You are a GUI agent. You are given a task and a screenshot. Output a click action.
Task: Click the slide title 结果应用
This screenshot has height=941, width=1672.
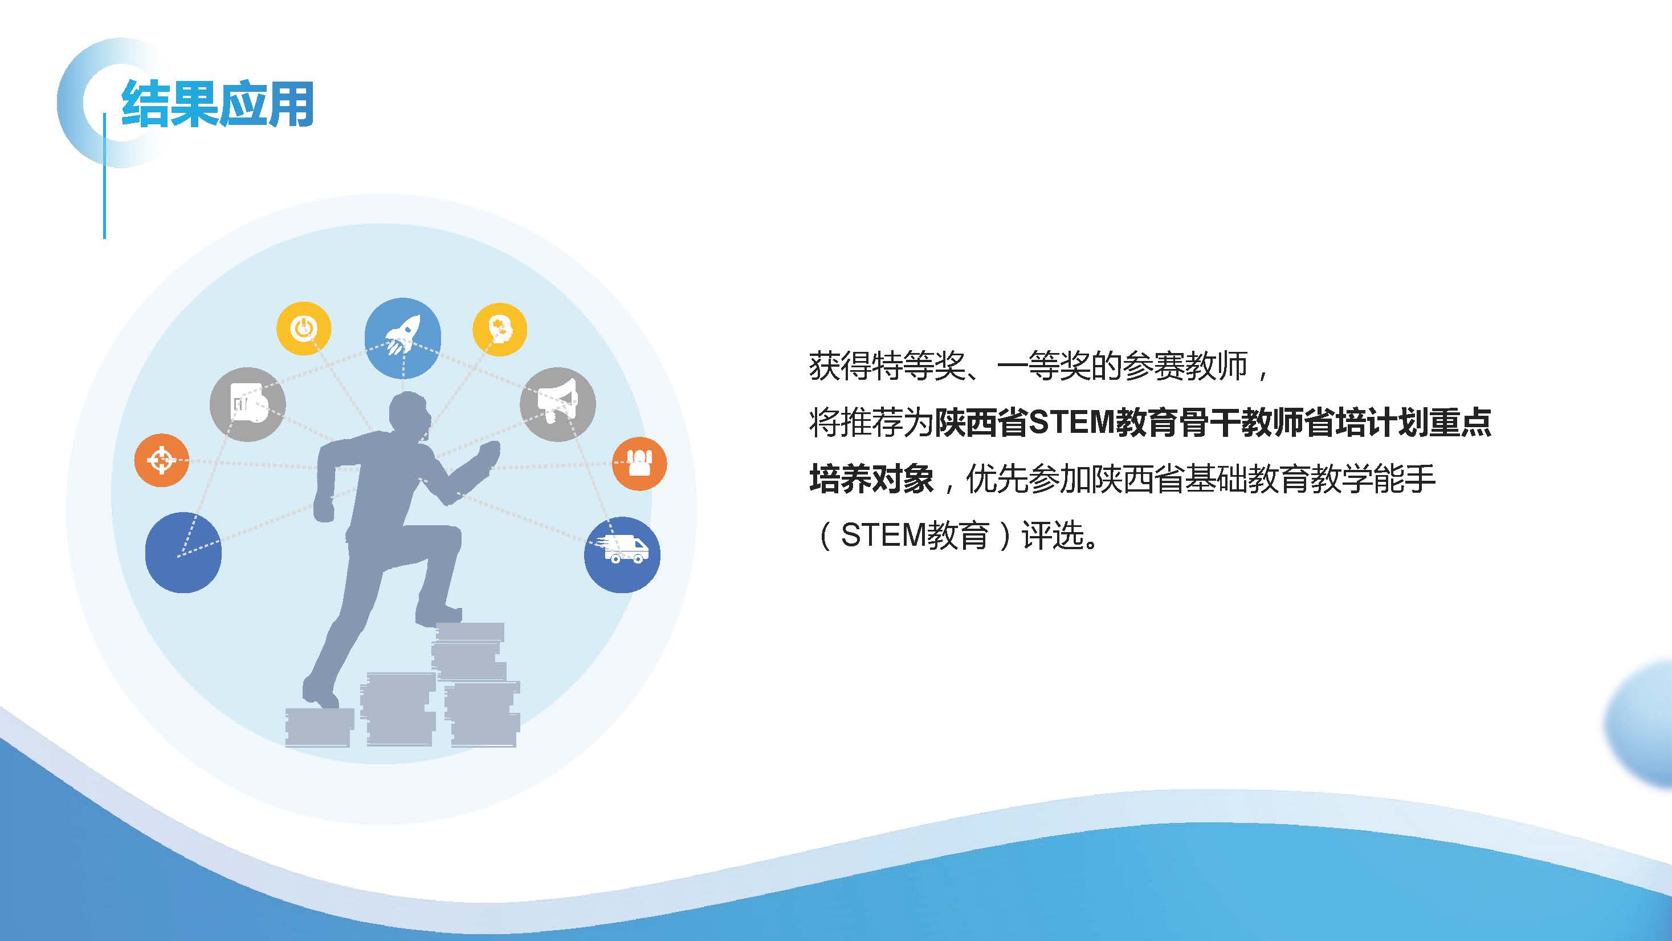pyautogui.click(x=218, y=104)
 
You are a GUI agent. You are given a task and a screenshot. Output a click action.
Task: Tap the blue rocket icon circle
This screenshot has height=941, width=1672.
pyautogui.click(x=402, y=338)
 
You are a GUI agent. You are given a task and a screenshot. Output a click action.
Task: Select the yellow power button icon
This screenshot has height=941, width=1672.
pyautogui.click(x=304, y=328)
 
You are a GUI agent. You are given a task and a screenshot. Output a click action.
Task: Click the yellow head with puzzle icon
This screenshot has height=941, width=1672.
pyautogui.click(x=499, y=329)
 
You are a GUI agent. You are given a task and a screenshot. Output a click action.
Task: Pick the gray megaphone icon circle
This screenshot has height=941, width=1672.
pyautogui.click(x=557, y=404)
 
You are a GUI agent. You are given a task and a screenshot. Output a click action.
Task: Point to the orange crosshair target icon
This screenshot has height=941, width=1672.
pyautogui.click(x=162, y=460)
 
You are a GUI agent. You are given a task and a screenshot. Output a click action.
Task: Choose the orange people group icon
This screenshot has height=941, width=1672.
pyautogui.click(x=639, y=463)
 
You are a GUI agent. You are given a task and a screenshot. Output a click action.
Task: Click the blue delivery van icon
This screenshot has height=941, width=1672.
pyautogui.click(x=622, y=554)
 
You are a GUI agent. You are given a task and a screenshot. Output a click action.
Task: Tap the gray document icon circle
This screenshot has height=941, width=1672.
pyautogui.click(x=247, y=404)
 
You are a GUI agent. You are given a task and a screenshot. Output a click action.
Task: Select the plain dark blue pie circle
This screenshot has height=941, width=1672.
pyautogui.click(x=183, y=553)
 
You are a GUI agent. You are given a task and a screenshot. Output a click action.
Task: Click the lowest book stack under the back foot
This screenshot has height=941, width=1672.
pyautogui.click(x=319, y=727)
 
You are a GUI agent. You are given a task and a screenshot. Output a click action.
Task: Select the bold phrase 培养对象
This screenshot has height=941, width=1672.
pyautogui.click(x=872, y=479)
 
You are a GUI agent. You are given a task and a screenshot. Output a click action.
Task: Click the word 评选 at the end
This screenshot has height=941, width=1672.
pyautogui.click(x=1052, y=536)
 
